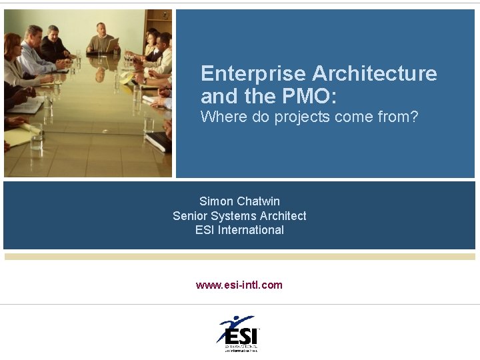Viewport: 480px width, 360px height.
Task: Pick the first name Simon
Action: (x=216, y=201)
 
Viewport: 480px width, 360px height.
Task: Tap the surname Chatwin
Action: (x=258, y=201)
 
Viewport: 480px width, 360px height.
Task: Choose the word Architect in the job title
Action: (x=284, y=216)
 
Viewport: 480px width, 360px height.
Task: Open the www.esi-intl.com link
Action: (x=239, y=285)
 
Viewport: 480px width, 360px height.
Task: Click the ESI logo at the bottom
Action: (x=238, y=334)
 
